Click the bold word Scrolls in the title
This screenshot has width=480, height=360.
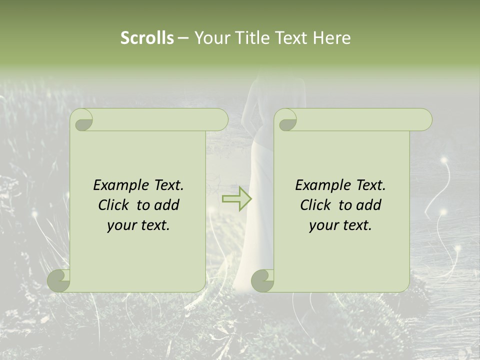(147, 38)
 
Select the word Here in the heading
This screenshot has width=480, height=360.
(331, 38)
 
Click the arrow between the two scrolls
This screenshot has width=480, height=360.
(237, 199)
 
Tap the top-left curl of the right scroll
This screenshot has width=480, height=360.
(287, 120)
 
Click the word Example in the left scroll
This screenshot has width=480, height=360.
(115, 185)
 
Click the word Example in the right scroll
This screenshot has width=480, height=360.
(317, 185)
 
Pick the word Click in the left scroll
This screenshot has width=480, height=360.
(114, 205)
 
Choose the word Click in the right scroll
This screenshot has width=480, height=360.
(316, 205)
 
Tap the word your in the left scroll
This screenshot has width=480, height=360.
(121, 225)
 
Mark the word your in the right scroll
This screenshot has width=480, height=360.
(323, 225)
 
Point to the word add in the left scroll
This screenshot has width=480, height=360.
(167, 205)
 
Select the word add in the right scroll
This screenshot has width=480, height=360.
(369, 205)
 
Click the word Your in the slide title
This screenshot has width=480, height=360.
(209, 38)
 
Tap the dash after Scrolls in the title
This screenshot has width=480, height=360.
(183, 38)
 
